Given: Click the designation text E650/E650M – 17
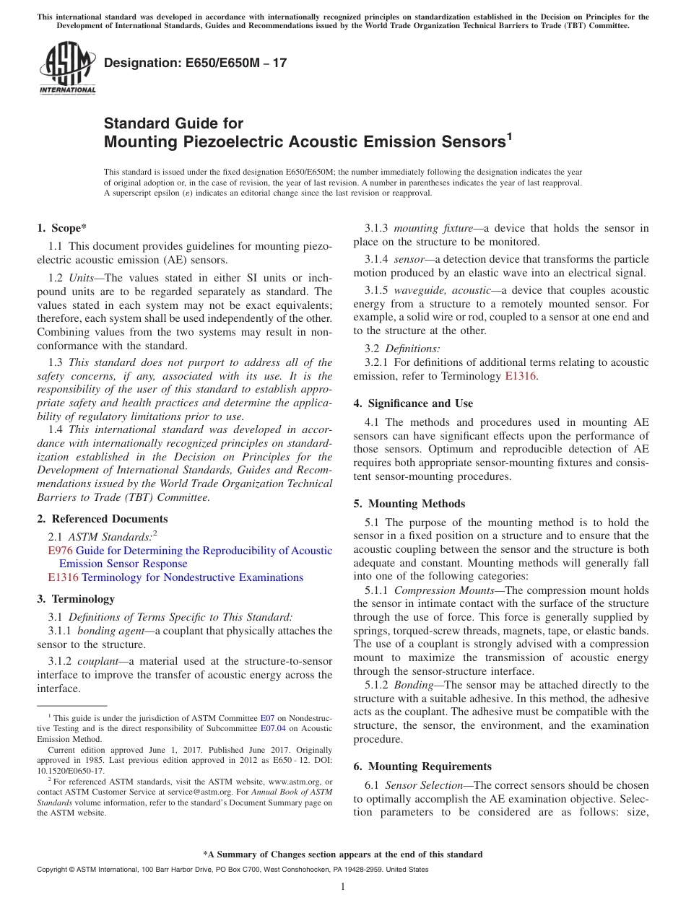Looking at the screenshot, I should (196, 64).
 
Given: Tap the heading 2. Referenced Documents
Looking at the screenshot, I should (102, 519).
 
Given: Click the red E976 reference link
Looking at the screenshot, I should (59, 551).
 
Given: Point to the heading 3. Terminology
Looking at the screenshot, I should (75, 599).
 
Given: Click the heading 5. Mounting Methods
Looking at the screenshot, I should (409, 504).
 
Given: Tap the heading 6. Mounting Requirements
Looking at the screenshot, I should (422, 766).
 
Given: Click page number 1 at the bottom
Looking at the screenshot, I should (343, 886).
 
